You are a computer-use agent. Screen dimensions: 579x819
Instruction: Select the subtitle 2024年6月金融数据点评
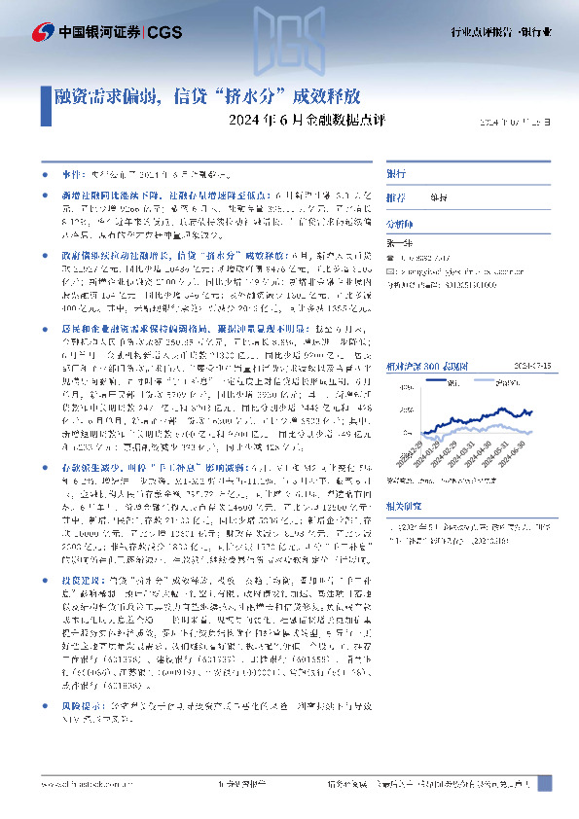291,122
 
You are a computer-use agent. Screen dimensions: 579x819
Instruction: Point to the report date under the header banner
521,123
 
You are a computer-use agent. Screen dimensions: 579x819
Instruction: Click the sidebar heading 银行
397,172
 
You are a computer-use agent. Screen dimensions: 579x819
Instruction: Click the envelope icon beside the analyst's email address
391,273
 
